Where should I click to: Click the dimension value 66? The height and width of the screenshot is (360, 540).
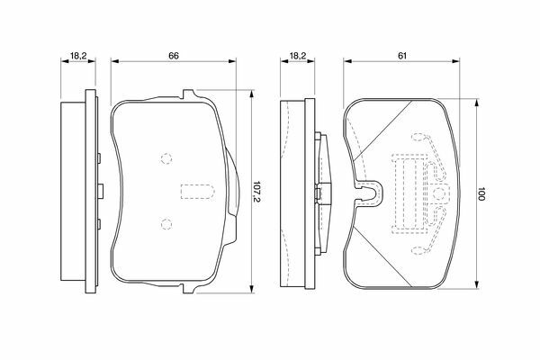point(174,56)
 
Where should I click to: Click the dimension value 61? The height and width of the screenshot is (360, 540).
point(402,56)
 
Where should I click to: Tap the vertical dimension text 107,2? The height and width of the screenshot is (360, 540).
point(256,192)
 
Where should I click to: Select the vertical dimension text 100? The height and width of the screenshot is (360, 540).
point(481,194)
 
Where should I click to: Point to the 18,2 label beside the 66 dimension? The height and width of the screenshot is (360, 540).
point(78,56)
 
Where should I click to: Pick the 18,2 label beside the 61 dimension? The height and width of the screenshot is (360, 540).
point(298,56)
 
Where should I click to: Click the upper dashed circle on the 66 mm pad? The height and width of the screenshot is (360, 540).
point(166,158)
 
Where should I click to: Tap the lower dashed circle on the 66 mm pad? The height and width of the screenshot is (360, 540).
point(166,224)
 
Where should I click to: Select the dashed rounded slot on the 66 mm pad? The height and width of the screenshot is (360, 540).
point(197,192)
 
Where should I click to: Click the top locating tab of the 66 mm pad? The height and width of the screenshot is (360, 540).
point(189,94)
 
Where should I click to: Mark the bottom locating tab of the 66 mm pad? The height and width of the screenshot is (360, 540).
point(189,289)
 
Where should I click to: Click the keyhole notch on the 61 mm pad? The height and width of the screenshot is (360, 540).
point(368,193)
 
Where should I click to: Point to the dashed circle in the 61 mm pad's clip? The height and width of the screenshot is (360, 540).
point(439,194)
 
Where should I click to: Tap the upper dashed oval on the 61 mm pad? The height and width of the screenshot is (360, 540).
point(418,137)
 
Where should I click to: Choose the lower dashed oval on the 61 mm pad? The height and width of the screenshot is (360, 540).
point(418,250)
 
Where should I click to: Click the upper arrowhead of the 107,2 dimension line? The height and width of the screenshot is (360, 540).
point(252,94)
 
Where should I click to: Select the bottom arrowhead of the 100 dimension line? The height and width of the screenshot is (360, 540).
point(477,283)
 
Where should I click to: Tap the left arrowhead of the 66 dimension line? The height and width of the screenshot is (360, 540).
point(115,61)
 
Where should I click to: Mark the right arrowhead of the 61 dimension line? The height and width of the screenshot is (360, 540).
point(455,61)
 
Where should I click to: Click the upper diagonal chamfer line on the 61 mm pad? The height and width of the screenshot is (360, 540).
point(382,130)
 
